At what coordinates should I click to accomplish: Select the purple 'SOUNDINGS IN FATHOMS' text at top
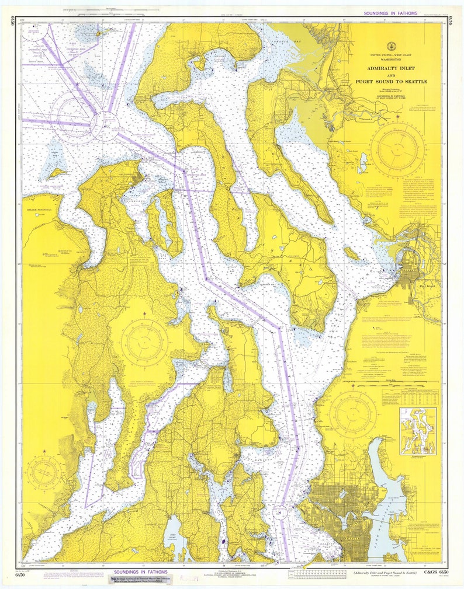pos(390,13)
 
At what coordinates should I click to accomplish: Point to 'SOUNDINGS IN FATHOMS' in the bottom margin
pos(140,572)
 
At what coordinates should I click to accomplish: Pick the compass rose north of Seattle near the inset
pos(352,414)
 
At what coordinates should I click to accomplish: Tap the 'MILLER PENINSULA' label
pos(40,210)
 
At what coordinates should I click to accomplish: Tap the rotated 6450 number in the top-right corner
pos(451,22)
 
